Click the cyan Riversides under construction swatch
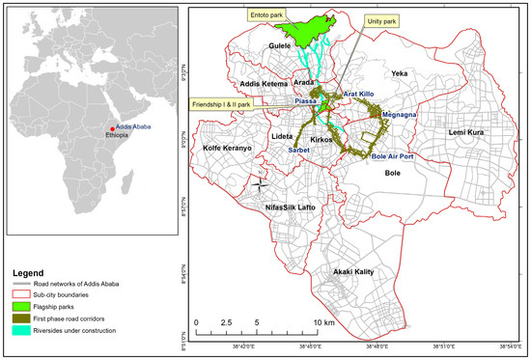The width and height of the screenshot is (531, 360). coord(19,331)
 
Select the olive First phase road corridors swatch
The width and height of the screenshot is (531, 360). coord(19,319)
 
